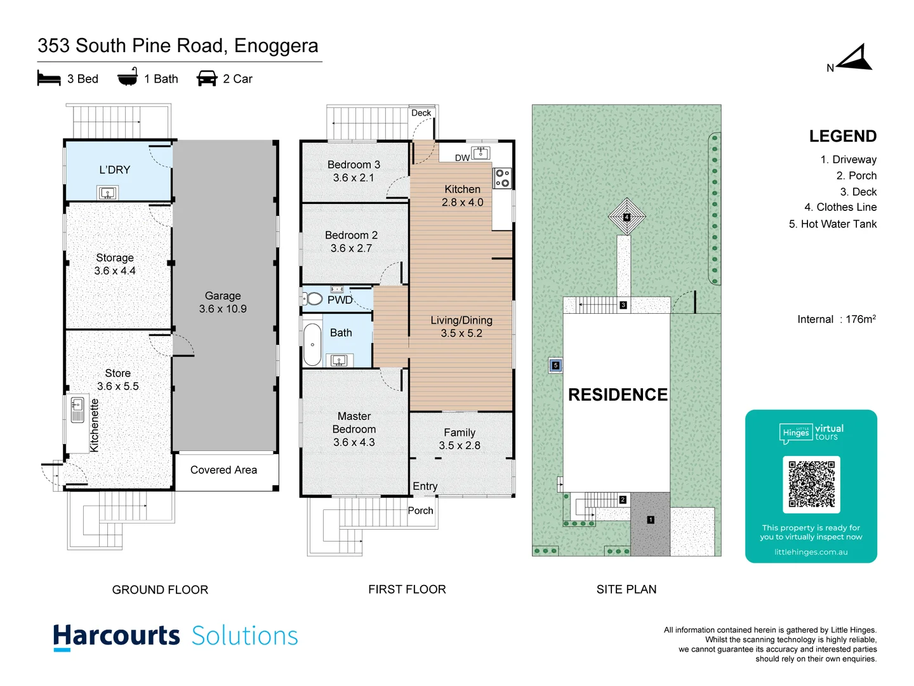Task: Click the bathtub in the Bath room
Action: click(x=312, y=344)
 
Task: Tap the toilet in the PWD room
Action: click(x=313, y=299)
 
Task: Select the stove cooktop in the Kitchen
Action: click(x=502, y=178)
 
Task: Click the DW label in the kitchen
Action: click(x=462, y=158)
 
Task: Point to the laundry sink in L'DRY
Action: click(x=107, y=192)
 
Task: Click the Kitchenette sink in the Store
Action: click(x=77, y=410)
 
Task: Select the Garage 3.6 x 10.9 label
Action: click(x=223, y=302)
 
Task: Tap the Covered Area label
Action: click(x=223, y=470)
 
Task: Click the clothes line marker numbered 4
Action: click(x=626, y=217)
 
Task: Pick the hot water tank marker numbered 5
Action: click(x=555, y=365)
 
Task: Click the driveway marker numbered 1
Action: click(x=651, y=520)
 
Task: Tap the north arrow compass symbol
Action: click(x=855, y=58)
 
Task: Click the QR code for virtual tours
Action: click(x=811, y=484)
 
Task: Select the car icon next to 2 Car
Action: click(x=207, y=79)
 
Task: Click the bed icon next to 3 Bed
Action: click(x=49, y=79)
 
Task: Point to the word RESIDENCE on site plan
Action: click(x=618, y=394)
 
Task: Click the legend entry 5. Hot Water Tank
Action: click(x=832, y=224)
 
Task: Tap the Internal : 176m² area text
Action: click(x=836, y=319)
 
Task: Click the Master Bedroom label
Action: click(x=354, y=429)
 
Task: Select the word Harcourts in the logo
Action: click(x=117, y=636)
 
